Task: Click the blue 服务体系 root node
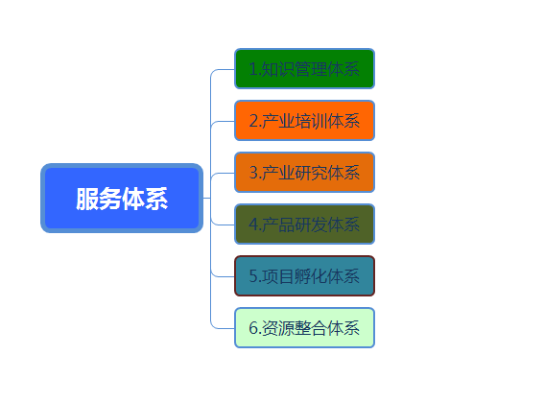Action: coord(122,198)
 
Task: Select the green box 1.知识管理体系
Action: coord(304,69)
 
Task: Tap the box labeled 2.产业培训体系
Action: coord(304,120)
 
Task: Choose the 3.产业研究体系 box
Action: coord(304,172)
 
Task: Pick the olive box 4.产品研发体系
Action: coord(304,225)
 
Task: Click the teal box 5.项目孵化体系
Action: coord(304,275)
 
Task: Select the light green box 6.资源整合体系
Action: coord(304,327)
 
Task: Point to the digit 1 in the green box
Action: coord(253,69)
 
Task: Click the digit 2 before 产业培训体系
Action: coord(253,121)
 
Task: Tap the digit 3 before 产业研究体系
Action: coord(253,173)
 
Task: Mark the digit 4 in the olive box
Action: coord(253,225)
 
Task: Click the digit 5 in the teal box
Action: coord(253,276)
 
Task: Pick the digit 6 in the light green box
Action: coord(253,328)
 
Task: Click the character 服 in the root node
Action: coord(87,199)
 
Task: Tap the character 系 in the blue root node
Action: coord(156,199)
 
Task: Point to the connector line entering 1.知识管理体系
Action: coord(222,69)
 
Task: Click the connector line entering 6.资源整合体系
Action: coord(222,328)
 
